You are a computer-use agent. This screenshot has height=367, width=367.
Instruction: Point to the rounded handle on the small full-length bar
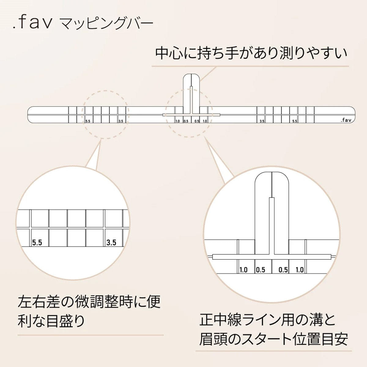click(191, 89)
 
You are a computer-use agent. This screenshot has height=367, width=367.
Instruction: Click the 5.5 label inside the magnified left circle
click(37, 243)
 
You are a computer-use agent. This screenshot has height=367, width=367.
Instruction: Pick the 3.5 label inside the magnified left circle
click(111, 243)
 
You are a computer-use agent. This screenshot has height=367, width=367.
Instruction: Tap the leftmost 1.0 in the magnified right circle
click(243, 270)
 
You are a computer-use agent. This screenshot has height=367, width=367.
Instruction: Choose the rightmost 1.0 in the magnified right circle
click(300, 270)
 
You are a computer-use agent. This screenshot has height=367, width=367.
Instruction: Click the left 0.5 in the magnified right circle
click(261, 270)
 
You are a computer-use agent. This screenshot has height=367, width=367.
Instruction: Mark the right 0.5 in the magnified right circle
click(283, 270)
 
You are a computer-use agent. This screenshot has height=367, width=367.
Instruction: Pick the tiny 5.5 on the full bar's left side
click(88, 121)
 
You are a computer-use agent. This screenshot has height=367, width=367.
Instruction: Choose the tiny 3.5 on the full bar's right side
click(262, 121)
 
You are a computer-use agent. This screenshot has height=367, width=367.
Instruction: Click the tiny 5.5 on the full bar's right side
click(295, 121)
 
